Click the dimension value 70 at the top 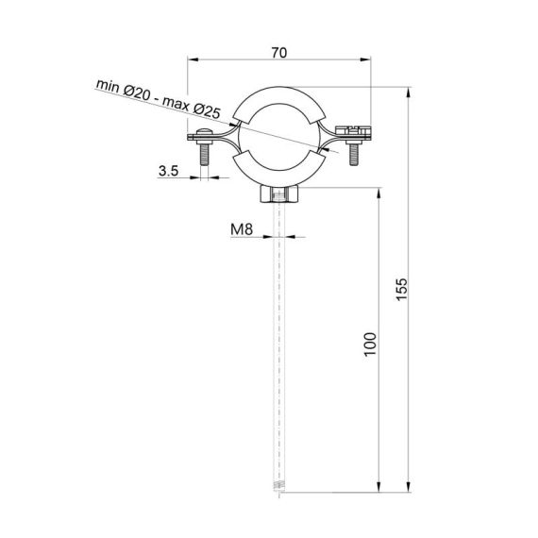coord(278,53)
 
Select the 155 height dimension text coord(400,290)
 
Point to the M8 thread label coord(243,228)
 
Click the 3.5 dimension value coord(169,172)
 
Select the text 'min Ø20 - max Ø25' coord(158,98)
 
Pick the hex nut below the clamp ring coord(278,195)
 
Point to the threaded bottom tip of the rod coord(278,487)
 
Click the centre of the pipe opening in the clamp coord(278,138)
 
